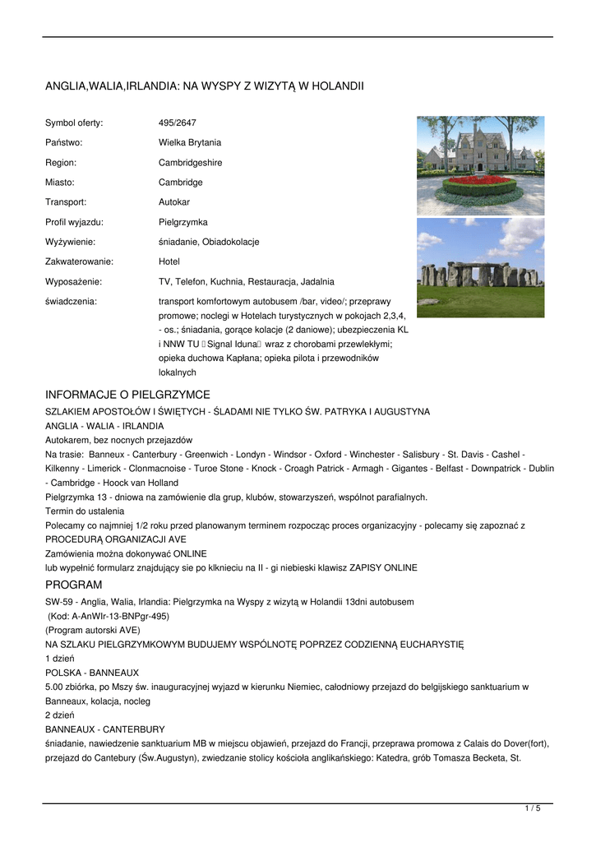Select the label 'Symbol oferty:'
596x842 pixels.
74,123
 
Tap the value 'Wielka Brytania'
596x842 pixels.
190,143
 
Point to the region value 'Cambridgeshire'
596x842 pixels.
190,163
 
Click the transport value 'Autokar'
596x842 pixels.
174,202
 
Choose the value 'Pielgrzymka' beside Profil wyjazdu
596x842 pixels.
183,222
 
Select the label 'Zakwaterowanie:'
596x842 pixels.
79,261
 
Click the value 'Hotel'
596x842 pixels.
169,261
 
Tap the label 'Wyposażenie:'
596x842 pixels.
73,281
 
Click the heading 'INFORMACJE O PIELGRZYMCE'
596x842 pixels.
127,395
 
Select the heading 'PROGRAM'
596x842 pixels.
74,585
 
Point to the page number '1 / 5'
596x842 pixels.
533,809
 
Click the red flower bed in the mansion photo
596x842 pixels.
479,180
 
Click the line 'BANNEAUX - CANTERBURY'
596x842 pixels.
105,729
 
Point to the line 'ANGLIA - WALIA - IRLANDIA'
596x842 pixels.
104,427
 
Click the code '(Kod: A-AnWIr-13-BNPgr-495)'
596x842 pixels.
109,616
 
